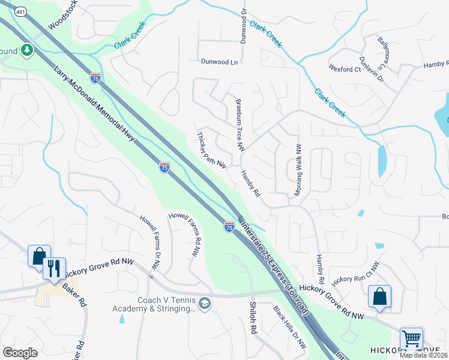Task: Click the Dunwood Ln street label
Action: [x=219, y=61]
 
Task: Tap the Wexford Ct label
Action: [x=345, y=69]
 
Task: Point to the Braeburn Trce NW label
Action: [x=241, y=125]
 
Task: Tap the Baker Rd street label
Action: [x=75, y=292]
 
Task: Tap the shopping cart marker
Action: [x=411, y=339]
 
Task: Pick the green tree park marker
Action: [x=26, y=50]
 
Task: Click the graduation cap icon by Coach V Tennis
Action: [x=205, y=304]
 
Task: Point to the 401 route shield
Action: [x=21, y=11]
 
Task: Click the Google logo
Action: [x=20, y=353]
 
